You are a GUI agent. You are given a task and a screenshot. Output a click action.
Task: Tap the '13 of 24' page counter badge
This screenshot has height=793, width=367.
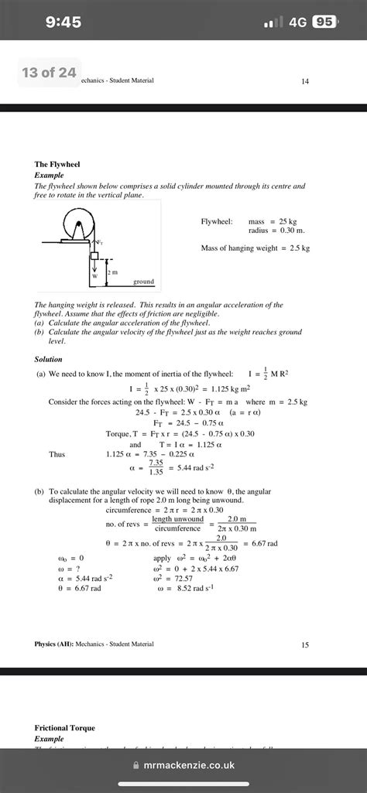point(49,73)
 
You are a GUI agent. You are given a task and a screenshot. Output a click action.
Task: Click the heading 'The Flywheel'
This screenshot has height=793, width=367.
point(57,165)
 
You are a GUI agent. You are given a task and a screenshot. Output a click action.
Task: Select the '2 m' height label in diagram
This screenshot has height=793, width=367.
point(112,272)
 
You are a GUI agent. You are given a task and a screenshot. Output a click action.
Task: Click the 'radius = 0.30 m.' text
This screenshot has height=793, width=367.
point(276,231)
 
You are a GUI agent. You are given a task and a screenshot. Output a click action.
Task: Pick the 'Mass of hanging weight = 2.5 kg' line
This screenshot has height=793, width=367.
point(255,248)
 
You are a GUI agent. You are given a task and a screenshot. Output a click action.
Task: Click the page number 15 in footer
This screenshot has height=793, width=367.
point(305,644)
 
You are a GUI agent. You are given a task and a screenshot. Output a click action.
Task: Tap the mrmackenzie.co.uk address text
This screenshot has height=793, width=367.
point(190,764)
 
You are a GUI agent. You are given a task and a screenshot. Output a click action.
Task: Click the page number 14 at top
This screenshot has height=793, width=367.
point(305,80)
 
